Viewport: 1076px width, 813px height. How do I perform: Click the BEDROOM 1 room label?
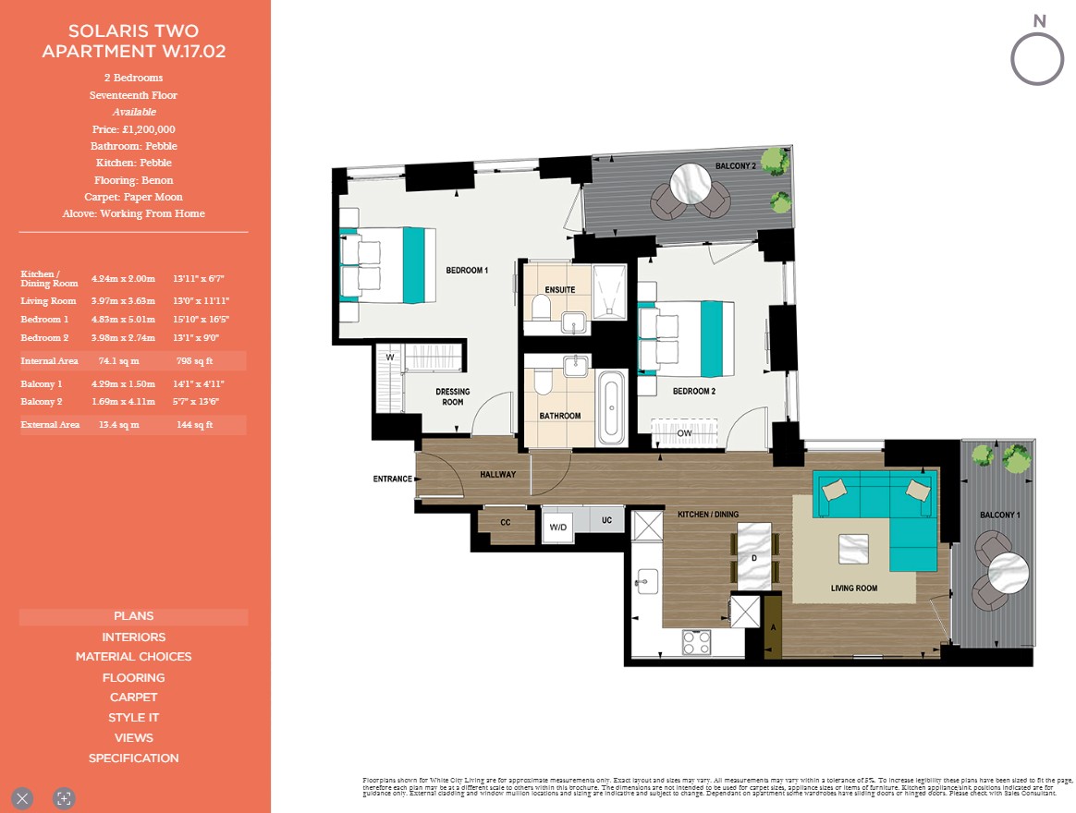[467, 271]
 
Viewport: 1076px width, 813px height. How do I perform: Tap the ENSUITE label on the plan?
[560, 289]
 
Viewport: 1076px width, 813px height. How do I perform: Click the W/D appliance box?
[558, 528]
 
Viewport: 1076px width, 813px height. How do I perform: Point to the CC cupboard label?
[506, 522]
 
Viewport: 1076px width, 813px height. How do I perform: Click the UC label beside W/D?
[606, 520]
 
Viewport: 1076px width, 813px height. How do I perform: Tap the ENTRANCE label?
[392, 479]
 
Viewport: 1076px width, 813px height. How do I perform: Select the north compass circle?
[1037, 60]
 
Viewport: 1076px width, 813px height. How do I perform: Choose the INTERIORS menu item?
[133, 637]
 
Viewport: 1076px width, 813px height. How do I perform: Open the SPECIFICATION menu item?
[133, 758]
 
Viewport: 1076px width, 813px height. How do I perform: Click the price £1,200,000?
[133, 129]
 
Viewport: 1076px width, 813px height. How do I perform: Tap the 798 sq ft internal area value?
[194, 361]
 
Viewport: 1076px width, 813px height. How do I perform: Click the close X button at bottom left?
[23, 797]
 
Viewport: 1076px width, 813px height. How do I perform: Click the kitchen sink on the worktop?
[647, 581]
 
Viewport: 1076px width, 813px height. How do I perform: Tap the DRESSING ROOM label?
[452, 397]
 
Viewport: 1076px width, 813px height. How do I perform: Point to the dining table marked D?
[755, 557]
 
